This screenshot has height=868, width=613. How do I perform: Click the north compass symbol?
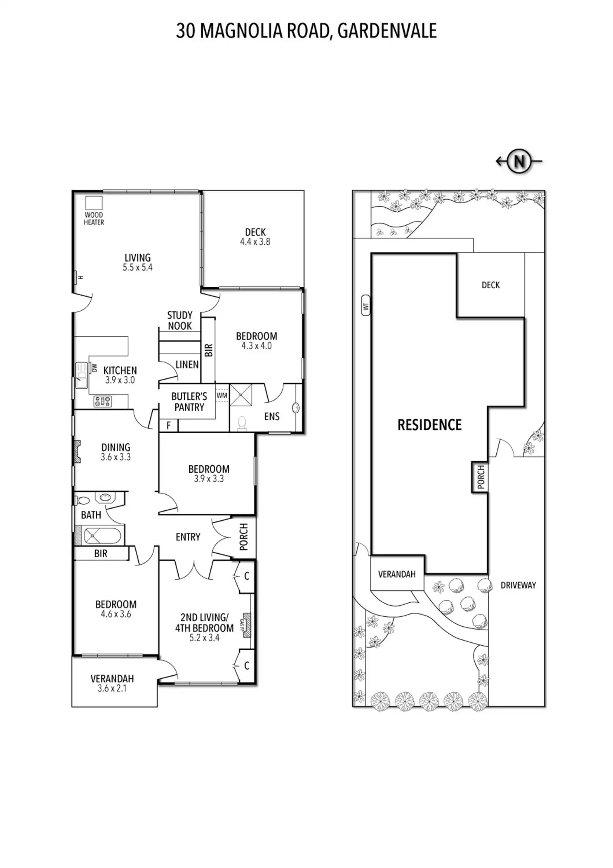coord(519,161)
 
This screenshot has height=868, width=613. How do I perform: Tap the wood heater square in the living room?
coord(94,203)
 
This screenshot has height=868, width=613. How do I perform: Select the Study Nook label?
coord(180,321)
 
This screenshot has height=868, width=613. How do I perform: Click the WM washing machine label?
coord(222,395)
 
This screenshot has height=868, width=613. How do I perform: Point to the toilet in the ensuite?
coord(242,423)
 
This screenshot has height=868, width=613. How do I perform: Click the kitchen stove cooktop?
coord(103,401)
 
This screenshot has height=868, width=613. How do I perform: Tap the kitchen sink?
coord(81,375)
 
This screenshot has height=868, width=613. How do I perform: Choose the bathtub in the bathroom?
coord(102,536)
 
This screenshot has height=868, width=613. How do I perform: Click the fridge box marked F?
coord(168,425)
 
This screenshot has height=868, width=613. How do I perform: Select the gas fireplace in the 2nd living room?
coord(246,625)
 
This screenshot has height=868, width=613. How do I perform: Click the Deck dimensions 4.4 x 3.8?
coord(255,242)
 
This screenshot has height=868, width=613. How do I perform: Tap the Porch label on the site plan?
coord(480,477)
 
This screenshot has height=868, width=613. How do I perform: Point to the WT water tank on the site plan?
coord(366,305)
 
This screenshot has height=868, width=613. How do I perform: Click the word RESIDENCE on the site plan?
coord(429,425)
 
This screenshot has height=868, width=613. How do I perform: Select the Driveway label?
coord(518,585)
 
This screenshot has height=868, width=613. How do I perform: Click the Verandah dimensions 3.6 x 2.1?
coord(112,688)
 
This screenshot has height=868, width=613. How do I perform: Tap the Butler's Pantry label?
coord(189,401)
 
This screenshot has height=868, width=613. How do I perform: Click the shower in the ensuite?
coord(240,395)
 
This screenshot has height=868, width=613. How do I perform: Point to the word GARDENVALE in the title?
coord(387,31)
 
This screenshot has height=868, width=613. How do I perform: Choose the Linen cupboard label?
coord(187,365)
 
